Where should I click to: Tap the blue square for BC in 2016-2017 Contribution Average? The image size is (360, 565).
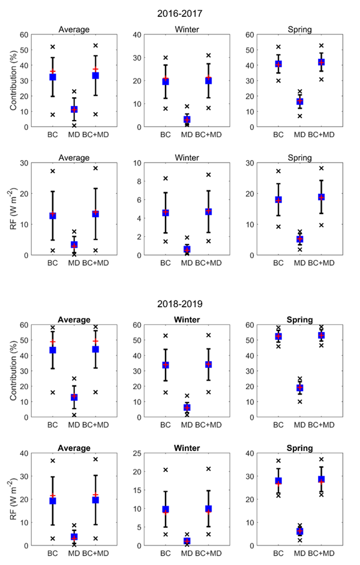click(x=53, y=77)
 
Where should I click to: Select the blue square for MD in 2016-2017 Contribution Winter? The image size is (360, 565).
click(x=187, y=120)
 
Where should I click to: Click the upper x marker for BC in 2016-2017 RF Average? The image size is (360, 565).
click(x=53, y=171)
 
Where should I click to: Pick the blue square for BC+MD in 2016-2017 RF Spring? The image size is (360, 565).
click(x=321, y=197)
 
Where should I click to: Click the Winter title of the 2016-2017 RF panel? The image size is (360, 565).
click(x=187, y=158)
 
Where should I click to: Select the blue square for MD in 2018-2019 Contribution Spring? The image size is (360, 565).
click(x=299, y=388)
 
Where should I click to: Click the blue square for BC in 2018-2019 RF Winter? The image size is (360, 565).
click(x=166, y=509)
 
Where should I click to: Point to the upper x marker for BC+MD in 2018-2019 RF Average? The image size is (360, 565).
click(x=95, y=459)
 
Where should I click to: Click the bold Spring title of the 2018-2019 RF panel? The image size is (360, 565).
click(x=299, y=448)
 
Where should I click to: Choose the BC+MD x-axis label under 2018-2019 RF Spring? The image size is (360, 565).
click(x=321, y=554)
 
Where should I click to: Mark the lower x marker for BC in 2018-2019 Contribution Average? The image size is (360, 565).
click(x=53, y=392)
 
